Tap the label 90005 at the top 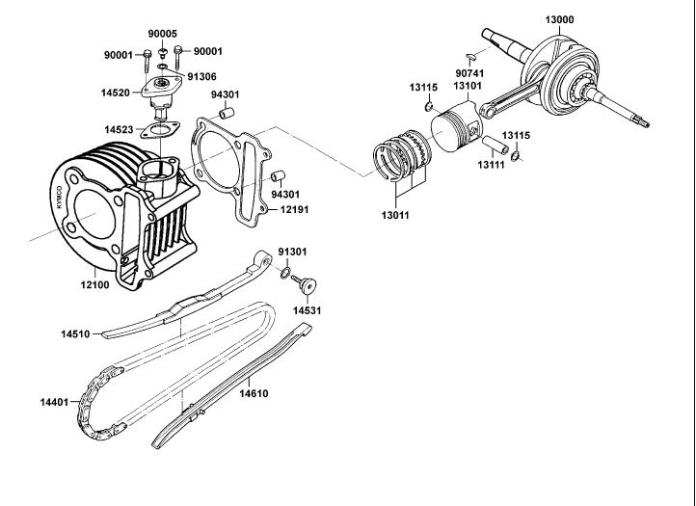pyautogui.click(x=163, y=33)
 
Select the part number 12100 pyautogui.click(x=94, y=285)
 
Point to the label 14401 pyautogui.click(x=54, y=401)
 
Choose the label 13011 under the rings pyautogui.click(x=394, y=214)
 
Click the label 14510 pyautogui.click(x=75, y=334)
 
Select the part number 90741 pyautogui.click(x=468, y=71)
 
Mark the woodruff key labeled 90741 pyautogui.click(x=469, y=56)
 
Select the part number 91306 pyautogui.click(x=201, y=75)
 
